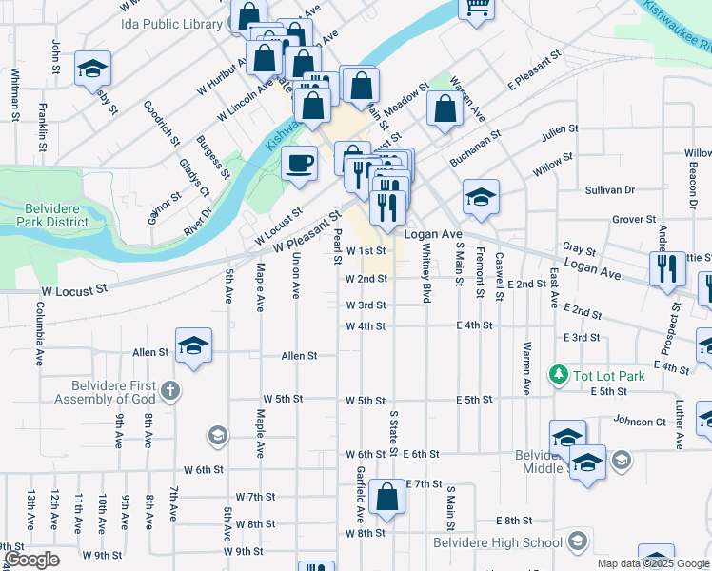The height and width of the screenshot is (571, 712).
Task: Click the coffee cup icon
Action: [x=300, y=163]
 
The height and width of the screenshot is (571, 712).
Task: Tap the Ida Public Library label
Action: [x=170, y=24]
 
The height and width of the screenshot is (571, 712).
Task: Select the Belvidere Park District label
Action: [x=52, y=215]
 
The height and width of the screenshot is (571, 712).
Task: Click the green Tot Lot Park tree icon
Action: [x=561, y=376]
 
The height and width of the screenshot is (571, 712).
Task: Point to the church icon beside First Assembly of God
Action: [x=169, y=390]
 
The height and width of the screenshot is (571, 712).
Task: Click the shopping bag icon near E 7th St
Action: [x=387, y=498]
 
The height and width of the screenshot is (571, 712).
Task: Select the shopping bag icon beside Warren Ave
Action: [x=445, y=108]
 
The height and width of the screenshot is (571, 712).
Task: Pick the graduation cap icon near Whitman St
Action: [x=93, y=68]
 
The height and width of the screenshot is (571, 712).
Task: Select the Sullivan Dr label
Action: [x=610, y=190]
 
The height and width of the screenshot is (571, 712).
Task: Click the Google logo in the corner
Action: [x=31, y=561]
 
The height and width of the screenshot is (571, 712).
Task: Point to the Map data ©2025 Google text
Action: [x=653, y=563]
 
